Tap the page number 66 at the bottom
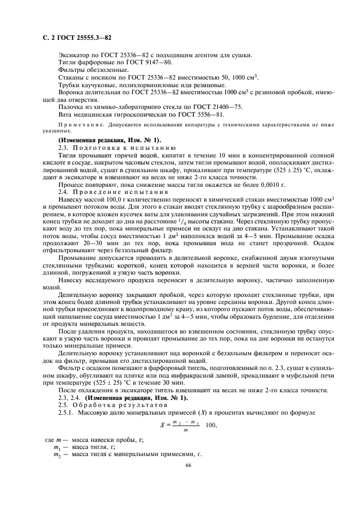tap(188, 465)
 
